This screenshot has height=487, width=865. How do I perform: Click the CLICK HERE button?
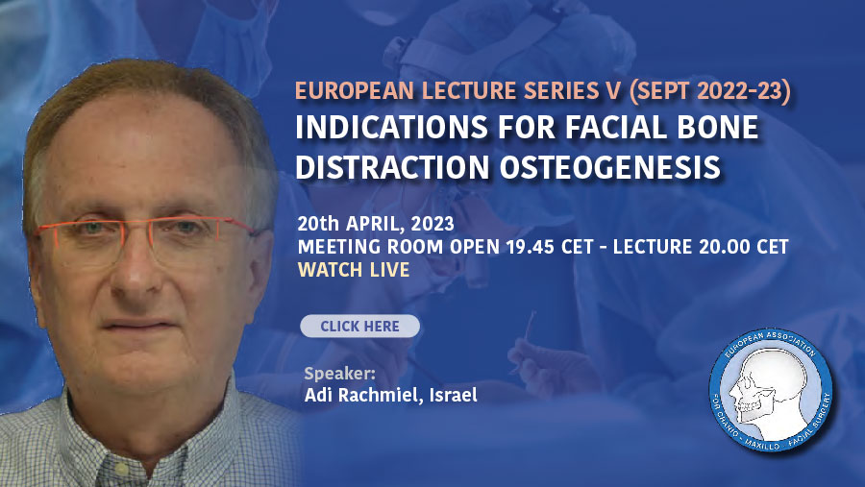point(359,326)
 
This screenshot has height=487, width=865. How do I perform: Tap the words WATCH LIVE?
point(354,270)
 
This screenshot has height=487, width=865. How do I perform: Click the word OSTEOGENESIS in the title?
point(609,166)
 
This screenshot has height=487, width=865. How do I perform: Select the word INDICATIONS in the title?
point(391,128)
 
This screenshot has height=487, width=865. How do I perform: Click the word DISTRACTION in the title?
point(392,166)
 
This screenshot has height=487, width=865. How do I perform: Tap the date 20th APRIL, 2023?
point(376,224)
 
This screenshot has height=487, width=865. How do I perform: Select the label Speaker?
point(340,374)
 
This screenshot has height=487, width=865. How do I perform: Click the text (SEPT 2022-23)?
point(709,91)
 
